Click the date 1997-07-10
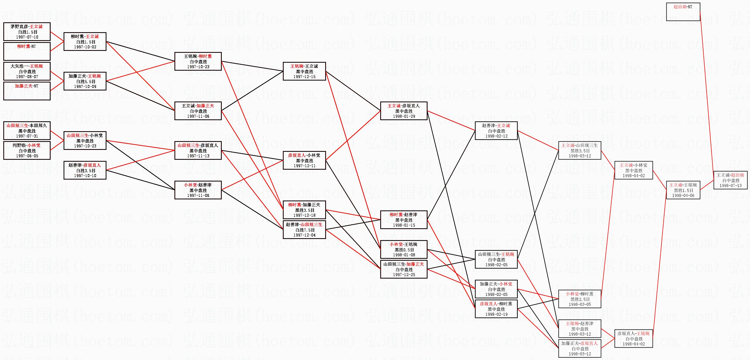27,37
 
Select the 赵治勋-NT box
683,12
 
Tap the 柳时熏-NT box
27,51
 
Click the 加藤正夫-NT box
27,90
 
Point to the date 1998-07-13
730,186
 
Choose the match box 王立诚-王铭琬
683,190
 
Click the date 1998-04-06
683,196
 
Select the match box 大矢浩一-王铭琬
27,71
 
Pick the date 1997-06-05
27,156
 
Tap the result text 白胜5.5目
85,81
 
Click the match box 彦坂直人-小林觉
304,160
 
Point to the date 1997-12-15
304,77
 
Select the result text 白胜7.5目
304,230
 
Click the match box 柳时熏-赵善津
404,220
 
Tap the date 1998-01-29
404,116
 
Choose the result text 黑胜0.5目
404,250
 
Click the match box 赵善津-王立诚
496,131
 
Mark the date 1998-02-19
496,314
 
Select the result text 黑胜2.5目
580,299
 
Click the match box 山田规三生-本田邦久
27,130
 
